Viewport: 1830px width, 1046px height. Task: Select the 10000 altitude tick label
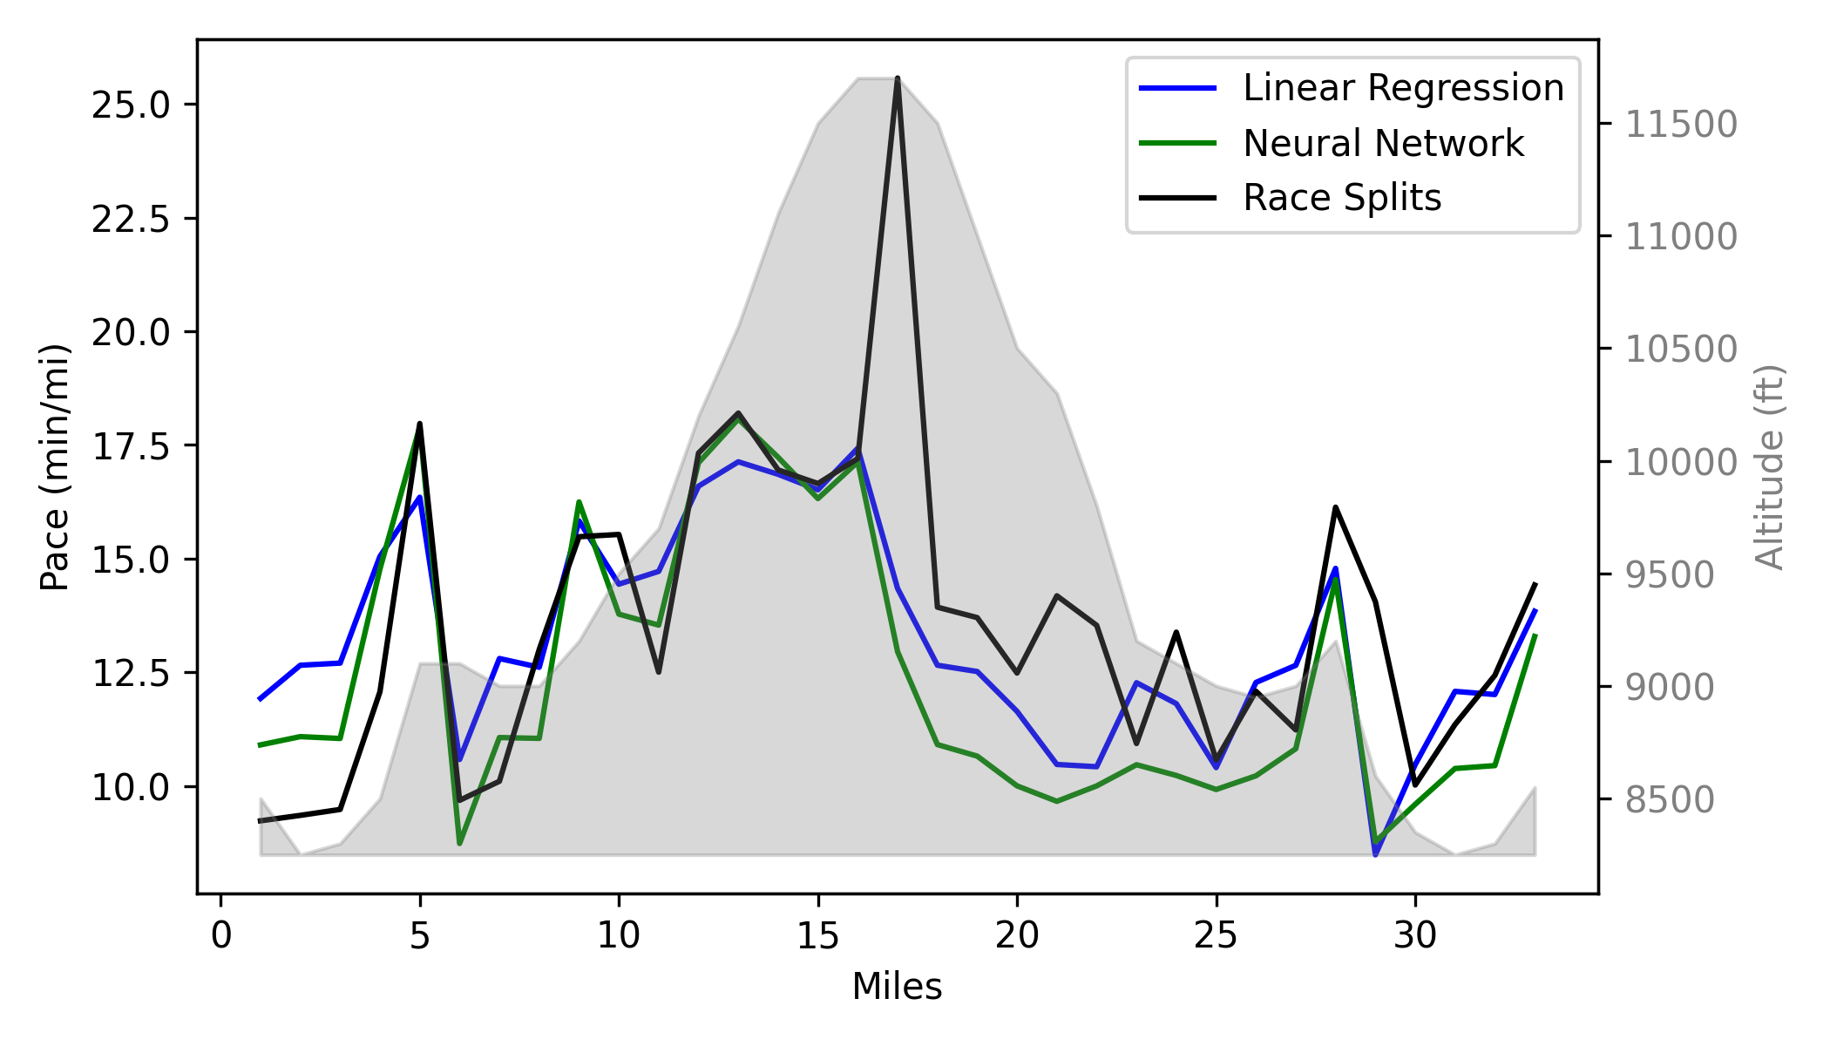pyautogui.click(x=1681, y=462)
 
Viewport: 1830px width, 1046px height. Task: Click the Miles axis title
pyautogui.click(x=897, y=988)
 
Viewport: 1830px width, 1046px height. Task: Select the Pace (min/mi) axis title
pyautogui.click(x=54, y=467)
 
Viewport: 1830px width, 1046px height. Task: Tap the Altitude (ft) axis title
pyautogui.click(x=1769, y=467)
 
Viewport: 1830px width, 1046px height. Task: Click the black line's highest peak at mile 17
pyautogui.click(x=897, y=78)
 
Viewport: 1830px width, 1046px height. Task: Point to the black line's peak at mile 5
pyautogui.click(x=420, y=425)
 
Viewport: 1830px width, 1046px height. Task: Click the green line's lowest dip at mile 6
pyautogui.click(x=459, y=843)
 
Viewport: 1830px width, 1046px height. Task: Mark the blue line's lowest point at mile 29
pyautogui.click(x=1375, y=854)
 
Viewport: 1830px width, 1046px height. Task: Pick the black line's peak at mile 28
pyautogui.click(x=1335, y=507)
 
